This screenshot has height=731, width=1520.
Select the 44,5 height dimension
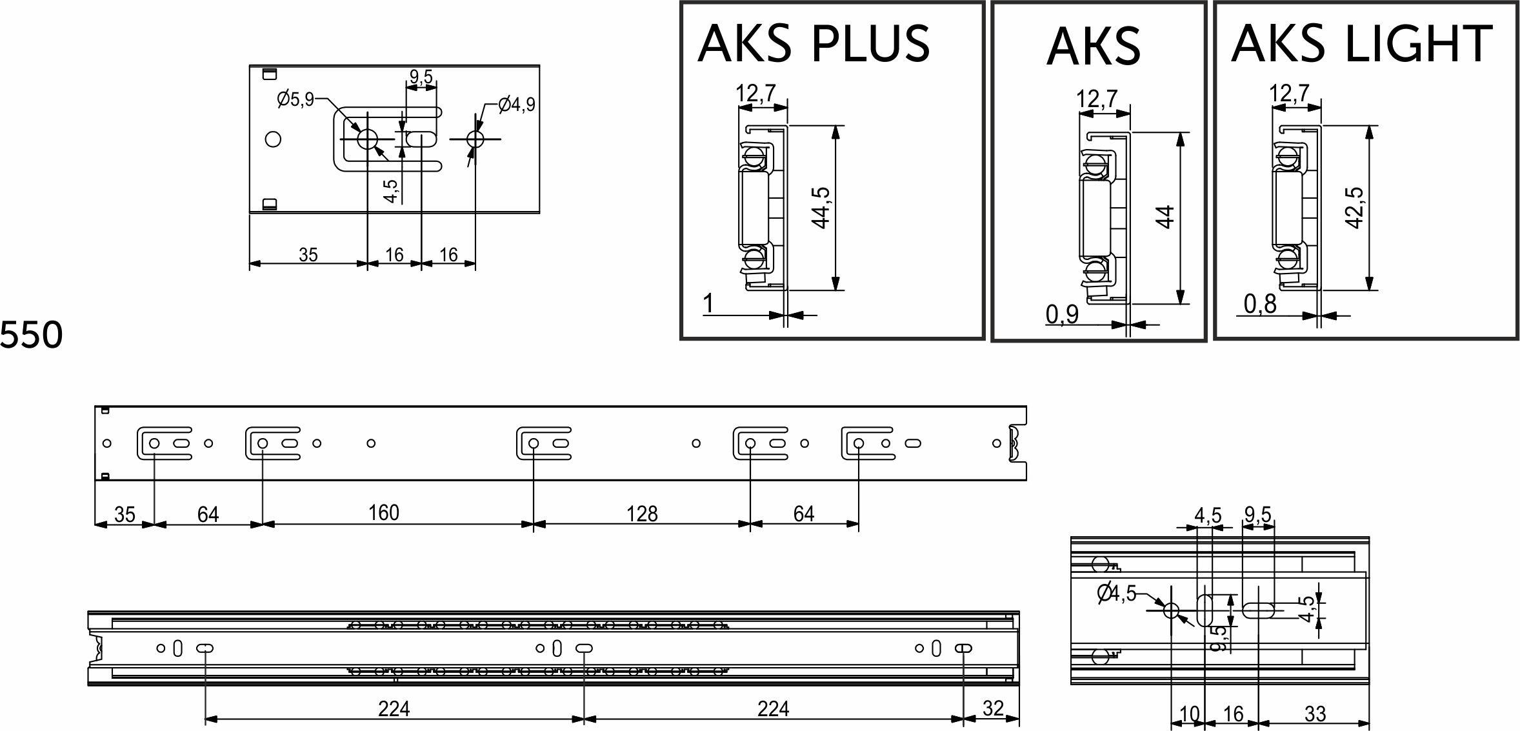click(821, 208)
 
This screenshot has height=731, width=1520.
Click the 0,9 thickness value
click(1062, 314)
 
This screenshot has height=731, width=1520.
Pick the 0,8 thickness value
click(1260, 305)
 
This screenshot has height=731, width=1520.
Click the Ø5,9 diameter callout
click(295, 99)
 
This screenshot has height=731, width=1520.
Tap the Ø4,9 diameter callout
click(517, 104)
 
